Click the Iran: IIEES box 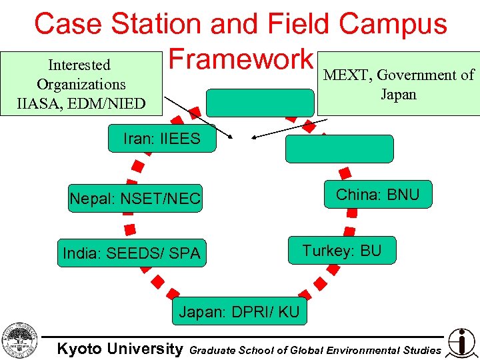coord(162,139)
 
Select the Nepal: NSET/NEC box coord(135,199)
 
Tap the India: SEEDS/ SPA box coord(131,253)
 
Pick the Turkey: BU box coord(341,251)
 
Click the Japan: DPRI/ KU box coord(239,311)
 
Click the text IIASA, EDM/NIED coord(81,103)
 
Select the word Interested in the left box coord(79,65)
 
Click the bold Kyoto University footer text coord(119,349)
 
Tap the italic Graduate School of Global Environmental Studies coord(315,350)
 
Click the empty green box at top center coord(259,103)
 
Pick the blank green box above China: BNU coord(339,149)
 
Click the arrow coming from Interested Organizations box coord(197,117)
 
